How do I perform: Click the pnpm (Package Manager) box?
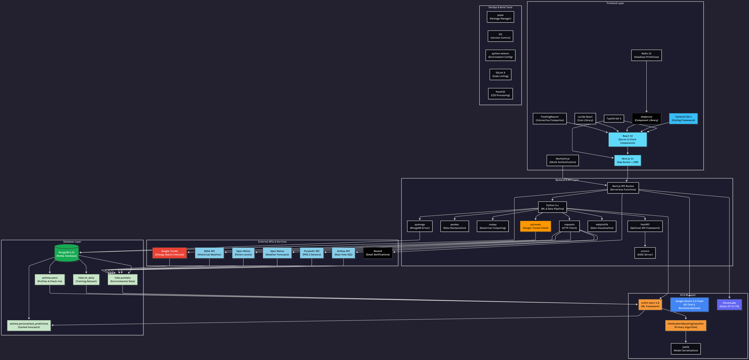(500, 17)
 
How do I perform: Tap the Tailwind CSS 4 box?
(683, 119)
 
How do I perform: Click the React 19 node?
(627, 140)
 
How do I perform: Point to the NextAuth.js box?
(562, 160)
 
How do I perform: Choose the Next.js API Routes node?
(623, 188)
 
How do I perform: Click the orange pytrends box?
(535, 226)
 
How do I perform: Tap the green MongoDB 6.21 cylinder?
(67, 254)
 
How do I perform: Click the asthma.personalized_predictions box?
(29, 325)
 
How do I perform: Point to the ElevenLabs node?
(729, 304)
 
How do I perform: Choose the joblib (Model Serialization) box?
(686, 349)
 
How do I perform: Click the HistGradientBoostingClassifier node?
(686, 325)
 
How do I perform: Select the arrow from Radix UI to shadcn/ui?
(646, 87)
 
